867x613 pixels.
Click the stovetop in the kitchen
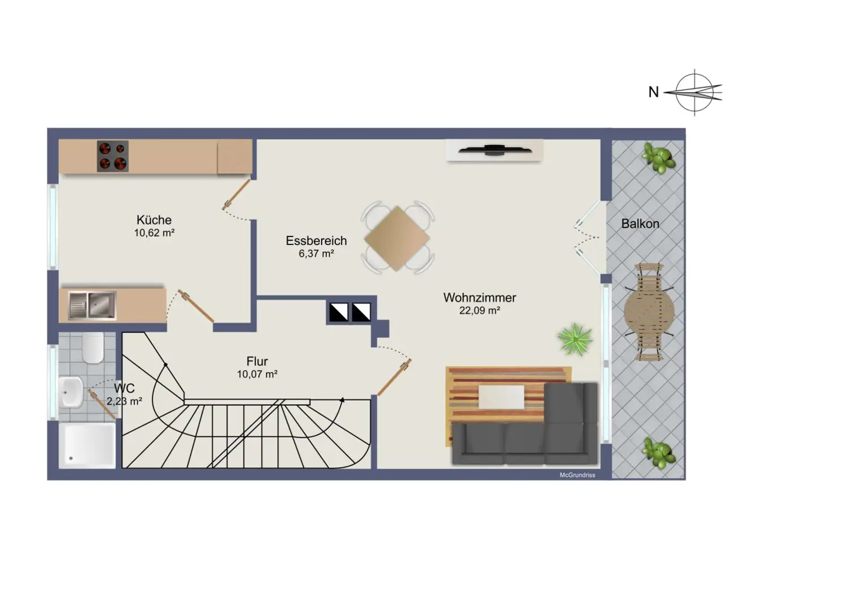[x=112, y=156]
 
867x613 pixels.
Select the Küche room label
[x=154, y=220]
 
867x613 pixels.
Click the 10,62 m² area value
[x=154, y=233]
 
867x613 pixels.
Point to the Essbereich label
[x=316, y=241]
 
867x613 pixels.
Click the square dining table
[x=397, y=238]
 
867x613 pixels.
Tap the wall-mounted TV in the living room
[x=494, y=150]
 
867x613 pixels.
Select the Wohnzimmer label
[x=479, y=297]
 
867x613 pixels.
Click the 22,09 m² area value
[x=479, y=310]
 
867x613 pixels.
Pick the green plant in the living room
[x=575, y=339]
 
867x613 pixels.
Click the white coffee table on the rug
[x=501, y=396]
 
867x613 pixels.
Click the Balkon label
[x=640, y=224]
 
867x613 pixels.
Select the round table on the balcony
[x=649, y=311]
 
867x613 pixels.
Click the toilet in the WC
[x=93, y=348]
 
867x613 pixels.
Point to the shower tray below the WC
[x=87, y=445]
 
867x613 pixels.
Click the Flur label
[x=257, y=361]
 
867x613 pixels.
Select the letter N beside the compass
[x=654, y=92]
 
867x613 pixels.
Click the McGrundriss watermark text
[x=577, y=475]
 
